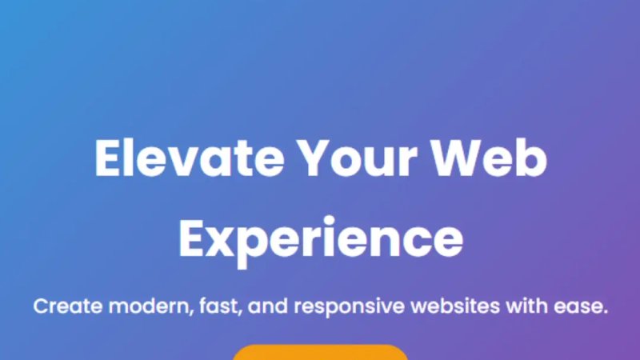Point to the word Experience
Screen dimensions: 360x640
point(320,238)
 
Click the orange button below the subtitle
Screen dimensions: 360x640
point(320,352)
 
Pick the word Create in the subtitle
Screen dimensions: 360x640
point(67,306)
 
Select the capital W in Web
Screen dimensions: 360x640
point(470,158)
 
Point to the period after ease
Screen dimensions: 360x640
point(605,312)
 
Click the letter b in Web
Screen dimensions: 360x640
point(534,158)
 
